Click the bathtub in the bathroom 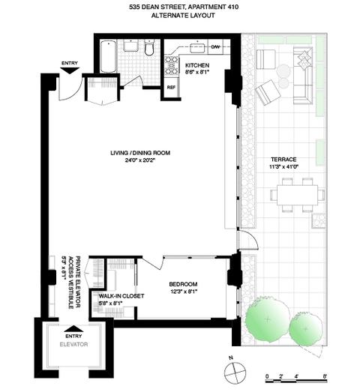(108, 57)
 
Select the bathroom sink (131, 46)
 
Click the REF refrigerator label (171, 87)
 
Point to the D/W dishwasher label (215, 46)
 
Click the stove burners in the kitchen (171, 65)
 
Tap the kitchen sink (198, 48)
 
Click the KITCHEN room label (197, 65)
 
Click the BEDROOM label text (183, 284)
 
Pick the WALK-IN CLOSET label (121, 296)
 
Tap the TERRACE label (283, 159)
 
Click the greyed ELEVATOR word (73, 344)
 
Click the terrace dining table (298, 195)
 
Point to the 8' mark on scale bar (325, 376)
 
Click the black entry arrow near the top (70, 70)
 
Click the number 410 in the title (232, 7)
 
